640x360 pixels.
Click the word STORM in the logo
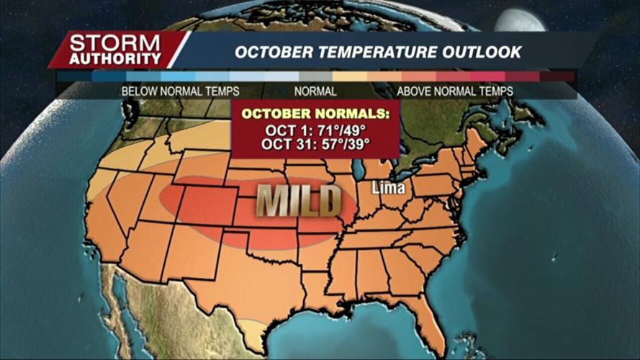pos(116,42)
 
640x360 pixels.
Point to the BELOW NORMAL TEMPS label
pos(180,91)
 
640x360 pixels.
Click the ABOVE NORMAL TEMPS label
pos(455,91)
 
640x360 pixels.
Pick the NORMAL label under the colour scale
pos(315,91)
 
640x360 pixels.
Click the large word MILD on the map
pos(299,201)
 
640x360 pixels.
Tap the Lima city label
pos(389,189)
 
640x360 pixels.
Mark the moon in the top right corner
pos(518,18)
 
